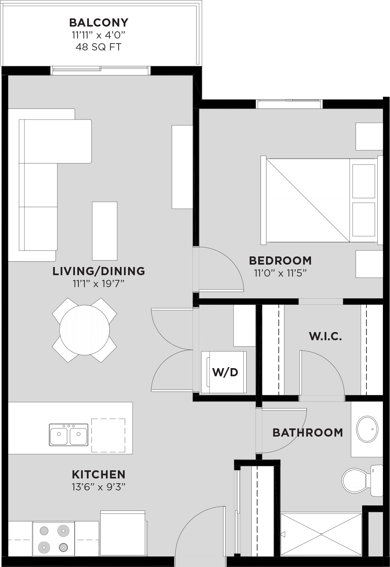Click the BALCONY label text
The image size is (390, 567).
click(x=98, y=22)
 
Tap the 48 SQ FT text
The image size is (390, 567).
click(x=98, y=47)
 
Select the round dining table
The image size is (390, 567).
click(x=84, y=330)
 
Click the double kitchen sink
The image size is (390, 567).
click(x=68, y=435)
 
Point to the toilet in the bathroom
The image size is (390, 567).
click(x=355, y=480)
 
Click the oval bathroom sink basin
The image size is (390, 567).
click(x=367, y=429)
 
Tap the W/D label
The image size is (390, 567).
click(x=225, y=372)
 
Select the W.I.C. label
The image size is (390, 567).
click(x=325, y=336)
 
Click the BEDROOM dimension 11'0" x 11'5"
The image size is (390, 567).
click(x=280, y=273)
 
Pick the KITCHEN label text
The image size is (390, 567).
click(x=98, y=474)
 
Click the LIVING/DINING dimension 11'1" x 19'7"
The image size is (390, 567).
click(x=98, y=284)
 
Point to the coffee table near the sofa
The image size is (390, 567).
click(x=105, y=231)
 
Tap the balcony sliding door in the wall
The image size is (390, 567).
click(x=100, y=70)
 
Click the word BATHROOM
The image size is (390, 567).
click(x=308, y=432)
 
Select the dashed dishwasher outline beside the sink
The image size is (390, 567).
click(x=108, y=435)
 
